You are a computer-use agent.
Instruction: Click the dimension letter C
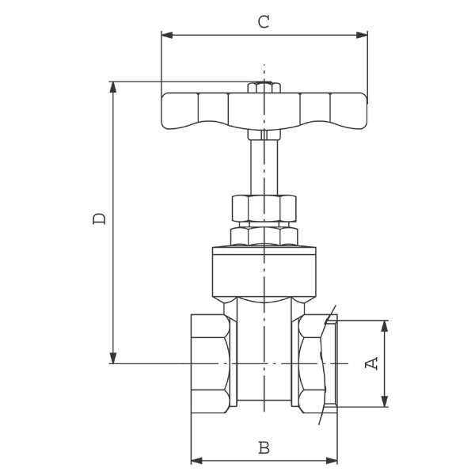264,22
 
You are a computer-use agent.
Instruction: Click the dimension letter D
100,218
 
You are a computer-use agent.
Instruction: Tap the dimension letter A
371,363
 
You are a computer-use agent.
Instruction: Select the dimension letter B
264,448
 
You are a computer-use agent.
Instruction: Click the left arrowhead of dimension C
167,35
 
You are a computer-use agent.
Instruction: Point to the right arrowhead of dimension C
362,35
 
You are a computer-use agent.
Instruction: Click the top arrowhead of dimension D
113,87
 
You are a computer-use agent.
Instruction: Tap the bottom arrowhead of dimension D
113,358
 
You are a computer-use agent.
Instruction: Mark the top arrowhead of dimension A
385,326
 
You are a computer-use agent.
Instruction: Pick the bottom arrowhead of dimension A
385,401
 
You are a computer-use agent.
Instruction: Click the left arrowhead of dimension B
197,461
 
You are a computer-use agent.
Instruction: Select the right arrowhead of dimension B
332,461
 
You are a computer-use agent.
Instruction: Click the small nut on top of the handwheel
264,87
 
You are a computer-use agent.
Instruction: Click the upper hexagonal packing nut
264,208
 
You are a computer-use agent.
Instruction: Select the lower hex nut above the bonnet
264,236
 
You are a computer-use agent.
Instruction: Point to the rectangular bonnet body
264,272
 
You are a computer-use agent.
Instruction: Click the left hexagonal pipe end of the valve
211,363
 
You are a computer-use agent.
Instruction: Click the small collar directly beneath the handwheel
264,135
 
